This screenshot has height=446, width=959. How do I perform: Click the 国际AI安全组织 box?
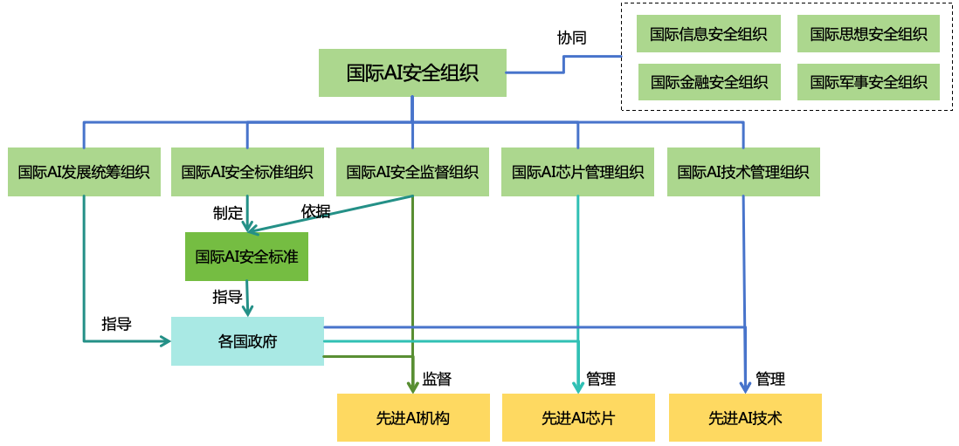pos(412,72)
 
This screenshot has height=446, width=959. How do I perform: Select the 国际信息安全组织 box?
pos(708,34)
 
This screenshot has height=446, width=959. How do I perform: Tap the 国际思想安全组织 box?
pos(868,34)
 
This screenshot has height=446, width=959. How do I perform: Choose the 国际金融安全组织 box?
pos(708,82)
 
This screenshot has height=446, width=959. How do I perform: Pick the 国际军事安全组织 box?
pos(868,82)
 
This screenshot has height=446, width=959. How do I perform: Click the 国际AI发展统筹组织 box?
pos(84,172)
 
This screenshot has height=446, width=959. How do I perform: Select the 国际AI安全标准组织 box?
pos(247,172)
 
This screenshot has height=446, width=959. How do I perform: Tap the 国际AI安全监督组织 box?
pos(412,172)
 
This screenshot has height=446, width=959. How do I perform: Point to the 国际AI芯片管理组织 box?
pos(577,172)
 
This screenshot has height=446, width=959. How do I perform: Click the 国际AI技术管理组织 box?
pos(743,172)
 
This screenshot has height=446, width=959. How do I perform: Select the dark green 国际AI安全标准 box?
pos(247,257)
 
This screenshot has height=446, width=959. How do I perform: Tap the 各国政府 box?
pos(247,341)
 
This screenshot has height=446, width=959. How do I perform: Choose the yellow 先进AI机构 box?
pos(413,418)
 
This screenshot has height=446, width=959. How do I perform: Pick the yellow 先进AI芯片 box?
pos(578,418)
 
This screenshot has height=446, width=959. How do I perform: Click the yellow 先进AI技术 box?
pos(745,418)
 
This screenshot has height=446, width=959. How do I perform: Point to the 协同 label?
pos(572,38)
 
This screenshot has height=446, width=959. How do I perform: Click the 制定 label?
pos(227,213)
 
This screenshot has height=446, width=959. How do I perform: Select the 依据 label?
pos(315,211)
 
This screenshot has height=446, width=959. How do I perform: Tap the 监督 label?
pos(437,379)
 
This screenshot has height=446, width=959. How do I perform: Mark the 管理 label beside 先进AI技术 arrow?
pos(770,379)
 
